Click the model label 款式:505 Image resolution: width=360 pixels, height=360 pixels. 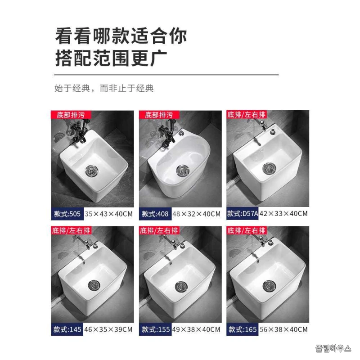tap(67, 214)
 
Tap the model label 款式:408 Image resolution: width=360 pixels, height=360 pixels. tap(155, 214)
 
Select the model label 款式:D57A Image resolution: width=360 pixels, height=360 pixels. tap(243, 214)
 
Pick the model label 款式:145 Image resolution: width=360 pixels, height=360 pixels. tap(67, 329)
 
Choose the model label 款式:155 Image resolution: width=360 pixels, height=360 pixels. tap(156, 329)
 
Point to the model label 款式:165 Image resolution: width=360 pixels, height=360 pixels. tap(243, 329)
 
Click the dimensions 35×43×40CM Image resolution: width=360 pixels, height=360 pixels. tap(108, 214)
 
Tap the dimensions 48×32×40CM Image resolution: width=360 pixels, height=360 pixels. tap(197, 214)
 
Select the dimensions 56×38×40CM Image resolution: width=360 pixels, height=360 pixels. tap(283, 329)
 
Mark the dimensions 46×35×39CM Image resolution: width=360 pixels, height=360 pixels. tap(108, 329)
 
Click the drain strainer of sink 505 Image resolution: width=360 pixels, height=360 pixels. tap(92, 171)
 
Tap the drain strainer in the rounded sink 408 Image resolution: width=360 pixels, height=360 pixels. tap(183, 171)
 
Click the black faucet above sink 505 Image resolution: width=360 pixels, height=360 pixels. tap(78, 133)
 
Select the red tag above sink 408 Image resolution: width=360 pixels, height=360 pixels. tap(159, 115)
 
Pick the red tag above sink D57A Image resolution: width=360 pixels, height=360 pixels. tap(247, 114)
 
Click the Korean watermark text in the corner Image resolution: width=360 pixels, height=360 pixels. tap(333, 348)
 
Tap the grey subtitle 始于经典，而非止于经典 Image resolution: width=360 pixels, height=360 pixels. tap(104, 88)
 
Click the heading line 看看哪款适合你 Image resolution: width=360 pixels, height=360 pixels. tap(121, 36)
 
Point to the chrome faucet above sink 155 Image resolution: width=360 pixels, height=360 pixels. tap(173, 242)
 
